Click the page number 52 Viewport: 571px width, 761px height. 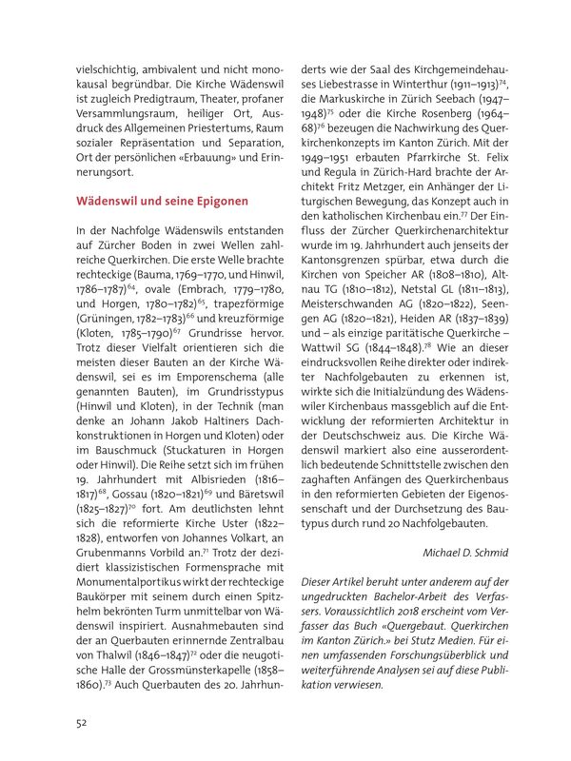tap(83, 721)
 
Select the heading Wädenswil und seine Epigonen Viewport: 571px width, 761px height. tap(162, 202)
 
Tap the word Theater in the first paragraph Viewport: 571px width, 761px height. tap(205, 100)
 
